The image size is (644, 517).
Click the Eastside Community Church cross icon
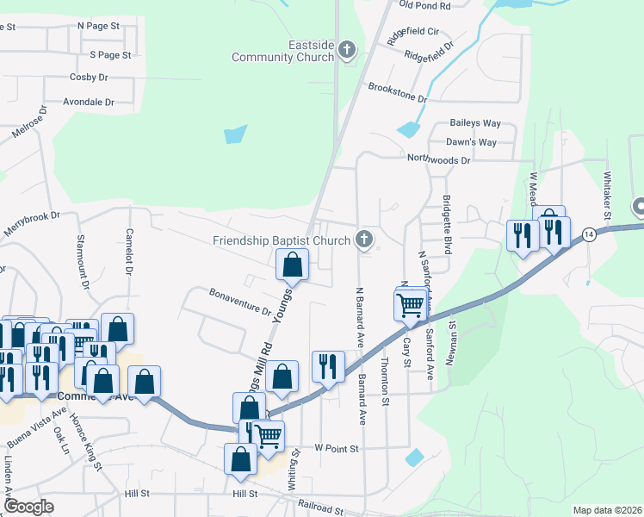(347, 49)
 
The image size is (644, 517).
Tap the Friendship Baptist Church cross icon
(365, 240)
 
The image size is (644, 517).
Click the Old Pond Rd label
(425, 5)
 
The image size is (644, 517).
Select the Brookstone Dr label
(398, 92)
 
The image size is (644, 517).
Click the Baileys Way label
(474, 123)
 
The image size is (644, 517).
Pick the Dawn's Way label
(471, 142)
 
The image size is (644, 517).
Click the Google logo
(28, 507)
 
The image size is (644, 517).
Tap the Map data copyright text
(607, 510)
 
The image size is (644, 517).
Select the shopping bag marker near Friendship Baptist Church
(292, 265)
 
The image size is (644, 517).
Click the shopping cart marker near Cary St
(411, 303)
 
